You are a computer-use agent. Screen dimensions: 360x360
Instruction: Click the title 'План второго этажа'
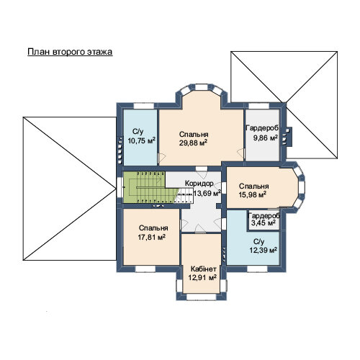coord(70,52)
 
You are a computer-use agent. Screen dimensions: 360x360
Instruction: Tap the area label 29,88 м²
coord(193,143)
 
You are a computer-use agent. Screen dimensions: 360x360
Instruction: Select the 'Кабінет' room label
coord(203,269)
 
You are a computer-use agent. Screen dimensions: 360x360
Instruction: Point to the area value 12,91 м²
coord(202,277)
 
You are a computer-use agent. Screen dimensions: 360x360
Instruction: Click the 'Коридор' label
coord(199,184)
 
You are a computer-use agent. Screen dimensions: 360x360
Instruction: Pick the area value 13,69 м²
coord(207,193)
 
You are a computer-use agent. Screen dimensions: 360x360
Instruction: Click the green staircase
coord(149,187)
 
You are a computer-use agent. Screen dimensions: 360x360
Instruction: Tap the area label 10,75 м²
coord(141,140)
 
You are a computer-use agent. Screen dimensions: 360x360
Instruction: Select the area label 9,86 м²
coord(266,138)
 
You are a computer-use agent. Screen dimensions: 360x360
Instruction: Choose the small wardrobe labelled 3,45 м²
coord(264,220)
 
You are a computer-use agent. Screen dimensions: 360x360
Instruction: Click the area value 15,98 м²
coord(253,194)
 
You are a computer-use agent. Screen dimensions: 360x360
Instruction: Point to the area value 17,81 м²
coord(152,237)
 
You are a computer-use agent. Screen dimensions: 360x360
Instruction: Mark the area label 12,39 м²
coord(264,250)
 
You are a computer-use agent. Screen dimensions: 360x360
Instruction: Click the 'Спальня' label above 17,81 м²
coord(153,228)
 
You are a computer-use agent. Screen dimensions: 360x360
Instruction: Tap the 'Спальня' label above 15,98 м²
coord(254,186)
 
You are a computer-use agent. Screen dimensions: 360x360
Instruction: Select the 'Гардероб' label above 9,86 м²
coord(263,128)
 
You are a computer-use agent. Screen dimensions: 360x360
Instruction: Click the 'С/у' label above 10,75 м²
coord(138,132)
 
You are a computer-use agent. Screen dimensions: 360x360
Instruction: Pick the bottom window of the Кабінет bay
coord(202,297)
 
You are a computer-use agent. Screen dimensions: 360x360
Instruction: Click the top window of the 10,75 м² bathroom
coord(143,106)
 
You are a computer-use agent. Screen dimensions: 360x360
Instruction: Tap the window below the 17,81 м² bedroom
coord(145,269)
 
